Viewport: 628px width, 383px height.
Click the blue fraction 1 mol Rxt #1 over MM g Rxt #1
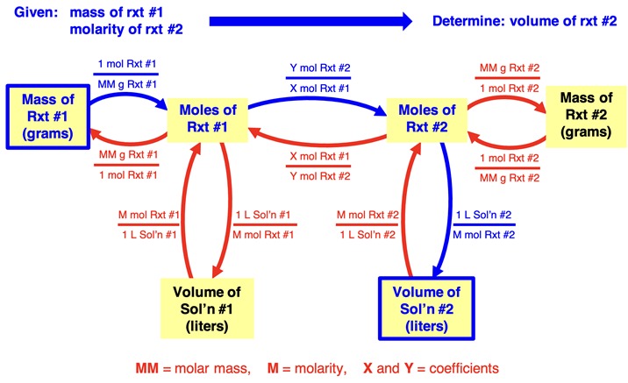click(x=127, y=74)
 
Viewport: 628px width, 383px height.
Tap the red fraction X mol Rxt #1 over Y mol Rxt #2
click(x=319, y=164)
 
